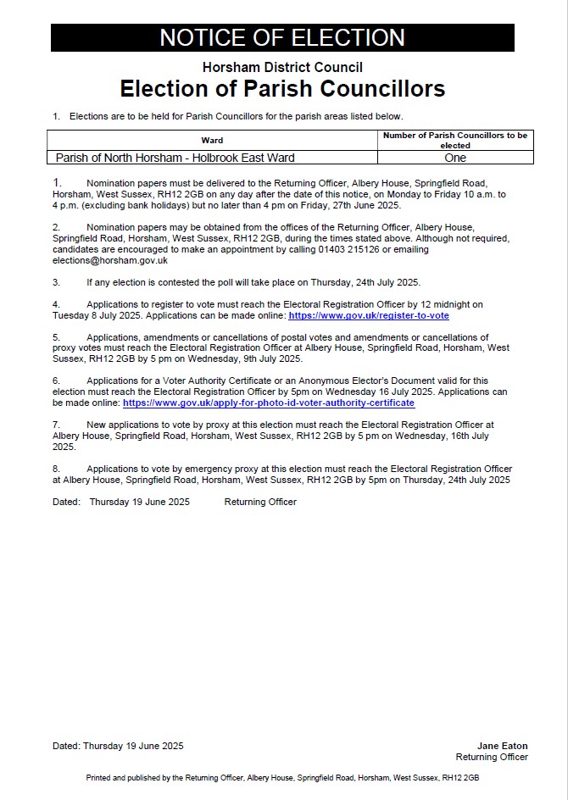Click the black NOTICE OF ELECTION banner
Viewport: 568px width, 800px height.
[282, 38]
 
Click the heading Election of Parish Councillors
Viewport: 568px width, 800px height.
[282, 89]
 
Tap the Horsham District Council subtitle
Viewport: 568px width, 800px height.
[282, 68]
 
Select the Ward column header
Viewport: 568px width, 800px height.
[212, 140]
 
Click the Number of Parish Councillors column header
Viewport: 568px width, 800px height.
[454, 140]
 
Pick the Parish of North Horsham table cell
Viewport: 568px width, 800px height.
[175, 158]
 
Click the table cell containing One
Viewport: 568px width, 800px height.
[454, 158]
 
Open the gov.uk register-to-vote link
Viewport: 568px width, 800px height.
[369, 315]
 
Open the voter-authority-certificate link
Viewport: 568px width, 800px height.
[269, 403]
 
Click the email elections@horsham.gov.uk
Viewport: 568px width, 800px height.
[110, 260]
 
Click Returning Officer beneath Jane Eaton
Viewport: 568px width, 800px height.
[492, 757]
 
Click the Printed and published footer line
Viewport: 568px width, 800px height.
[282, 777]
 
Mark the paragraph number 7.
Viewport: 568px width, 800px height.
[56, 424]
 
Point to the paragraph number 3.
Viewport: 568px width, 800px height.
[56, 282]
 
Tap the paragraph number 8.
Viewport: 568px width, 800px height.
[56, 469]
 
